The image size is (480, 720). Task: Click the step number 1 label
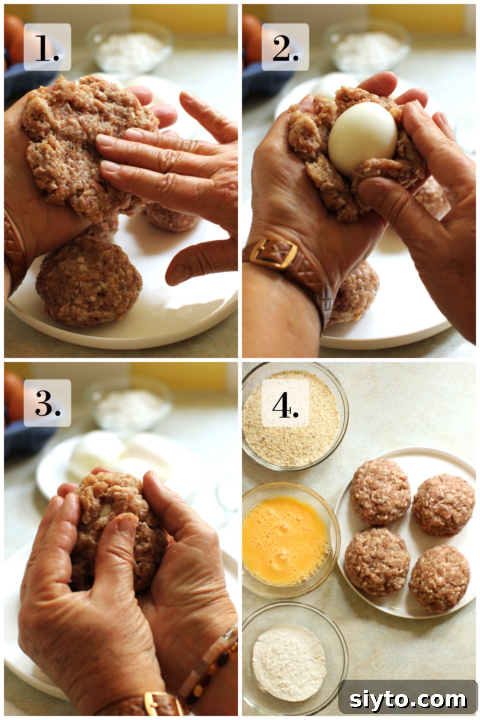[47, 47]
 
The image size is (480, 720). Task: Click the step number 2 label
[285, 47]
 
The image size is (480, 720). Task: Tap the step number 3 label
[47, 403]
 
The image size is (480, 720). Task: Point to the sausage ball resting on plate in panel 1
[89, 281]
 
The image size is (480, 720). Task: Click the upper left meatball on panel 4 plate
[380, 492]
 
